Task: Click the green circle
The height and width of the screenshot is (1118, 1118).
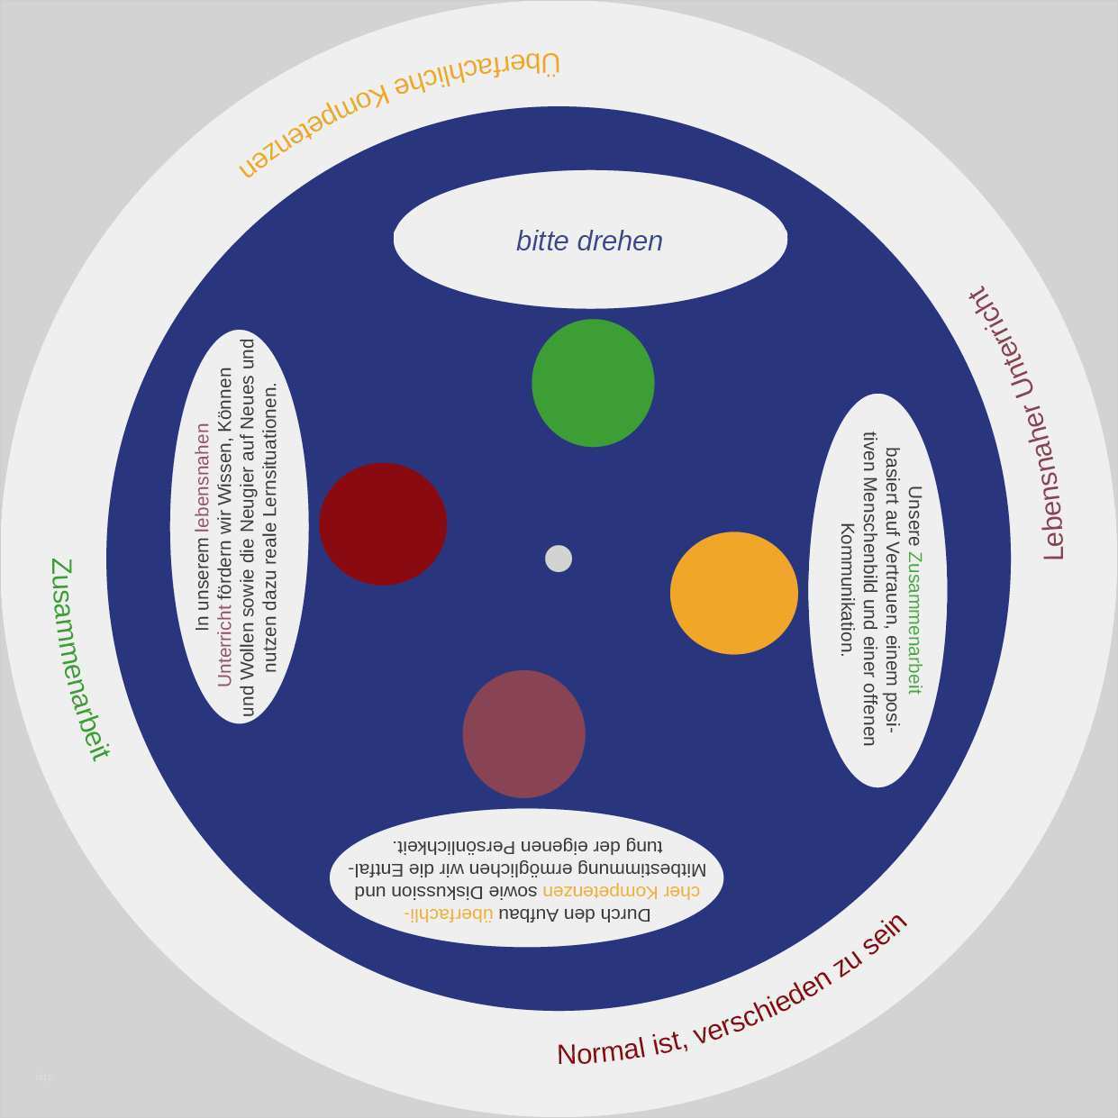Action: (x=593, y=383)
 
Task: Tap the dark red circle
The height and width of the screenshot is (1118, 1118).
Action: (x=383, y=524)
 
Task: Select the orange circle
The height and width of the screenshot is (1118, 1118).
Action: (x=734, y=593)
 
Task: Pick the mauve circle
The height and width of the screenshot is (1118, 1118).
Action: (x=524, y=734)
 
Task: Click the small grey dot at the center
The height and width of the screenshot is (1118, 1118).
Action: (x=559, y=559)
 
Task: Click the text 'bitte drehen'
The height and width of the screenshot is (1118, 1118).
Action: (x=589, y=241)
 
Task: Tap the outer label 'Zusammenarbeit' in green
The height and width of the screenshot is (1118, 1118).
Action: (x=79, y=659)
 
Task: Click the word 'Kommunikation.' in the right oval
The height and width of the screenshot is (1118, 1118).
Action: (x=848, y=589)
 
